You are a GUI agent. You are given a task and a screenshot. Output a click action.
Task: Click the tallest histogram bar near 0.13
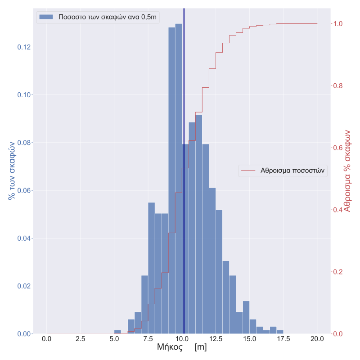(x=179, y=180)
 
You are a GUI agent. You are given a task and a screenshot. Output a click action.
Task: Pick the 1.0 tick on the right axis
(x=337, y=24)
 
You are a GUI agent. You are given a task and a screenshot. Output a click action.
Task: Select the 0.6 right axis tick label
(x=337, y=148)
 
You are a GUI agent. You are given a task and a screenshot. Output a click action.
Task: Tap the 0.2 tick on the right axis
(x=337, y=272)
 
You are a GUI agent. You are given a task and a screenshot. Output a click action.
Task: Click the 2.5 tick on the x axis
(x=81, y=338)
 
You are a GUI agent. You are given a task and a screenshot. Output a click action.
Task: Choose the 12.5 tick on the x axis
(x=216, y=338)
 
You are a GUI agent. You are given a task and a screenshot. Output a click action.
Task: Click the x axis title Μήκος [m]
(x=182, y=347)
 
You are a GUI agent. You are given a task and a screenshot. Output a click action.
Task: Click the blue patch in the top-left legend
(x=46, y=17)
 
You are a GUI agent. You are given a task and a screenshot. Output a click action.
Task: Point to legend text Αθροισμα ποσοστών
(x=292, y=171)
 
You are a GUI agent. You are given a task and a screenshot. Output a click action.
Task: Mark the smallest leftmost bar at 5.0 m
(x=117, y=332)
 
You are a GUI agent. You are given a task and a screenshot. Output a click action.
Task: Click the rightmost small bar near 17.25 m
(x=280, y=332)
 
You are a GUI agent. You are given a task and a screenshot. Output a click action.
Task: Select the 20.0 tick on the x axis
(x=317, y=338)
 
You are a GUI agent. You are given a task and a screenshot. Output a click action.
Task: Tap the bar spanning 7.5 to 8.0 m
(x=152, y=270)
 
